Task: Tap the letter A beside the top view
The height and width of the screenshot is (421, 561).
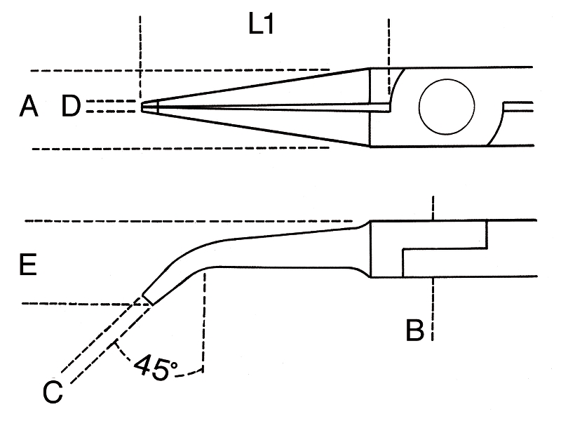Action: tap(29, 107)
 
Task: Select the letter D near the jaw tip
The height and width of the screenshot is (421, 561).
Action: tap(72, 107)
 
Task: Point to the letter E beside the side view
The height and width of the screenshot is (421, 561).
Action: tap(29, 265)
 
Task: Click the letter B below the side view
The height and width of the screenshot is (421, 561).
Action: tap(415, 330)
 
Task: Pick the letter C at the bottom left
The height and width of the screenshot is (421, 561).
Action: tap(53, 394)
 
